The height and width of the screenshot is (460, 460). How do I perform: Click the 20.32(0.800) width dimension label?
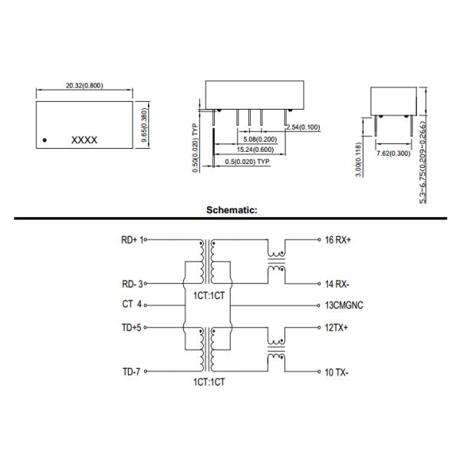pyautogui.click(x=84, y=86)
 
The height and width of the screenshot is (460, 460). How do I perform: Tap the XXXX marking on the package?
pyautogui.click(x=84, y=140)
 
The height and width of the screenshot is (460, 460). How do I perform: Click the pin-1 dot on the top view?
pyautogui.click(x=44, y=140)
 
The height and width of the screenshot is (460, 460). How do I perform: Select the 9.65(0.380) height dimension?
pyautogui.click(x=145, y=125)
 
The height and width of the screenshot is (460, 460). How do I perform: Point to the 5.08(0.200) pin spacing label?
pyautogui.click(x=260, y=140)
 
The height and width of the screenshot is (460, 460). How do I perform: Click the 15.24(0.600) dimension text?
pyautogui.click(x=255, y=149)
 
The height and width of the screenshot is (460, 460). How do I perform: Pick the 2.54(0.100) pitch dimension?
pyautogui.click(x=304, y=127)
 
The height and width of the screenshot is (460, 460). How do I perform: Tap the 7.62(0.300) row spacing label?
pyautogui.click(x=393, y=153)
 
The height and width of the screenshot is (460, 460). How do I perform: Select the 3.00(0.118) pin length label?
pyautogui.click(x=358, y=159)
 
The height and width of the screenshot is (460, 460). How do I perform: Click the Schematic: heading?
pyautogui.click(x=232, y=210)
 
